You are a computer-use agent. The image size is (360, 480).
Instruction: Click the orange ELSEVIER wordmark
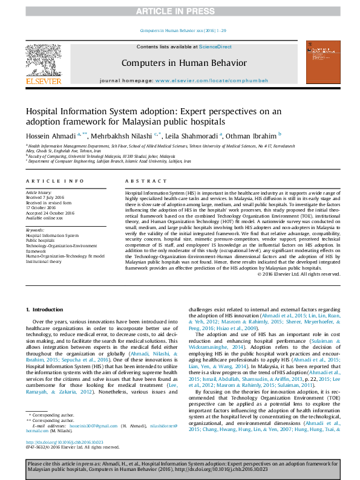[44, 80]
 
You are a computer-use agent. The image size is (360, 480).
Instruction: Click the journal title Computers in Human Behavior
[184, 63]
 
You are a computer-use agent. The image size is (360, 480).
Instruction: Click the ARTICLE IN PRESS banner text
[180, 11]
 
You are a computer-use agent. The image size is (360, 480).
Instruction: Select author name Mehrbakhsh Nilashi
[124, 135]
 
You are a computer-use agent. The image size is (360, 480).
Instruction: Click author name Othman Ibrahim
[252, 135]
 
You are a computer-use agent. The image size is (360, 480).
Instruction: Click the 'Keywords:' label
[35, 230]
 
